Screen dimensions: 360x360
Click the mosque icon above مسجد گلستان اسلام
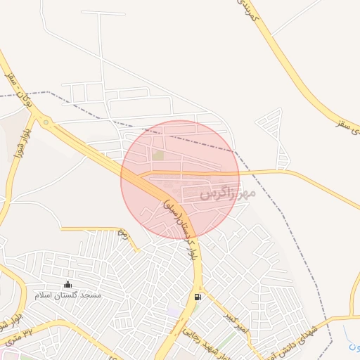coord(67,285)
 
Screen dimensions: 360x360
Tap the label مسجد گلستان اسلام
coord(68,295)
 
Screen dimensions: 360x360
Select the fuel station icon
coord(198,297)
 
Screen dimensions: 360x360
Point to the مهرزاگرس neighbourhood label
coord(223,192)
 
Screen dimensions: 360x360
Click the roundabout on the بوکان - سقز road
coord(46,123)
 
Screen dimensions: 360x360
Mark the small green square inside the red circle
coord(158,155)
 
